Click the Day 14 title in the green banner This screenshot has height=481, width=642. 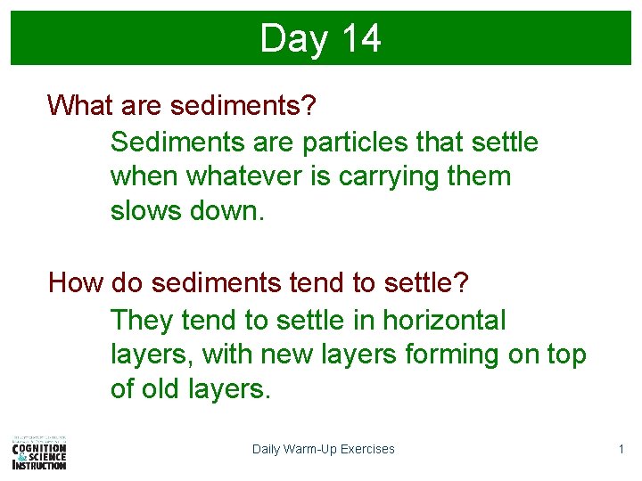pyautogui.click(x=320, y=39)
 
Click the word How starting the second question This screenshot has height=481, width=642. pyautogui.click(x=77, y=283)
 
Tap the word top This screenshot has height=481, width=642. pyautogui.click(x=565, y=355)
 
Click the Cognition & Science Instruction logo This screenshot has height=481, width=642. pyautogui.click(x=39, y=452)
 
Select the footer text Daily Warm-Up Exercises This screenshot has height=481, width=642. pyautogui.click(x=323, y=449)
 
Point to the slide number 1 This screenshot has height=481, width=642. pyautogui.click(x=621, y=449)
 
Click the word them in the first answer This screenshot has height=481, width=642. pyautogui.click(x=480, y=176)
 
